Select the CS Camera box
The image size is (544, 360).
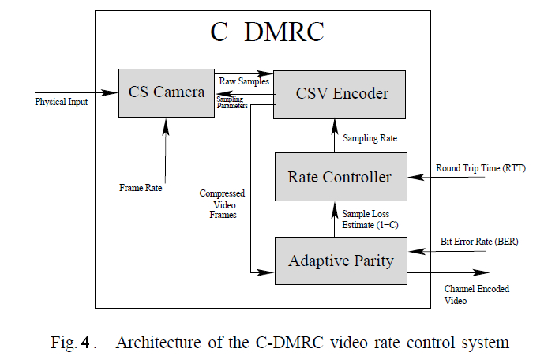tap(167, 92)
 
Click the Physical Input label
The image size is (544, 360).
tap(62, 102)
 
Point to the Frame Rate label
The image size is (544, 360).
tap(141, 188)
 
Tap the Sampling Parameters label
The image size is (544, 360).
tap(234, 102)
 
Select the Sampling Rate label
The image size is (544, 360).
tap(370, 137)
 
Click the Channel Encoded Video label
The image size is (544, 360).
tap(476, 294)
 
